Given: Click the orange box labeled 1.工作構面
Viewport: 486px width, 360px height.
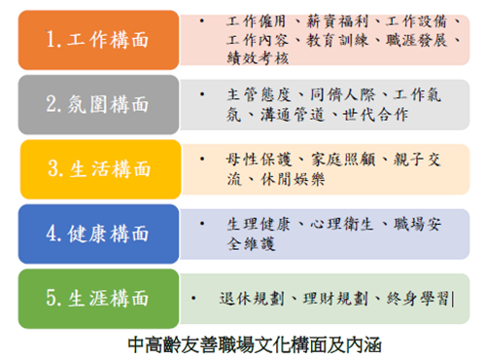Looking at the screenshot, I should point(97,39).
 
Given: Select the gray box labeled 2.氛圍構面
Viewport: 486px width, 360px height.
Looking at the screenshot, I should point(97,102).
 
